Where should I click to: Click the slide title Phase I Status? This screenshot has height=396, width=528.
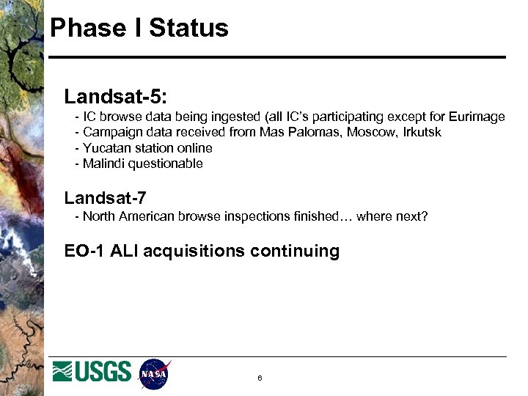pyautogui.click(x=139, y=29)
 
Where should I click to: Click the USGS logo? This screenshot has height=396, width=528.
pyautogui.click(x=92, y=371)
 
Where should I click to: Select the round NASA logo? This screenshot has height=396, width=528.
pyautogui.click(x=154, y=374)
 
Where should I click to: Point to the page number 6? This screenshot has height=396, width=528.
pyautogui.click(x=260, y=378)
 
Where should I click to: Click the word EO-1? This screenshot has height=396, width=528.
pyautogui.click(x=84, y=252)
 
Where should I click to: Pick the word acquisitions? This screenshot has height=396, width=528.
pyautogui.click(x=194, y=252)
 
